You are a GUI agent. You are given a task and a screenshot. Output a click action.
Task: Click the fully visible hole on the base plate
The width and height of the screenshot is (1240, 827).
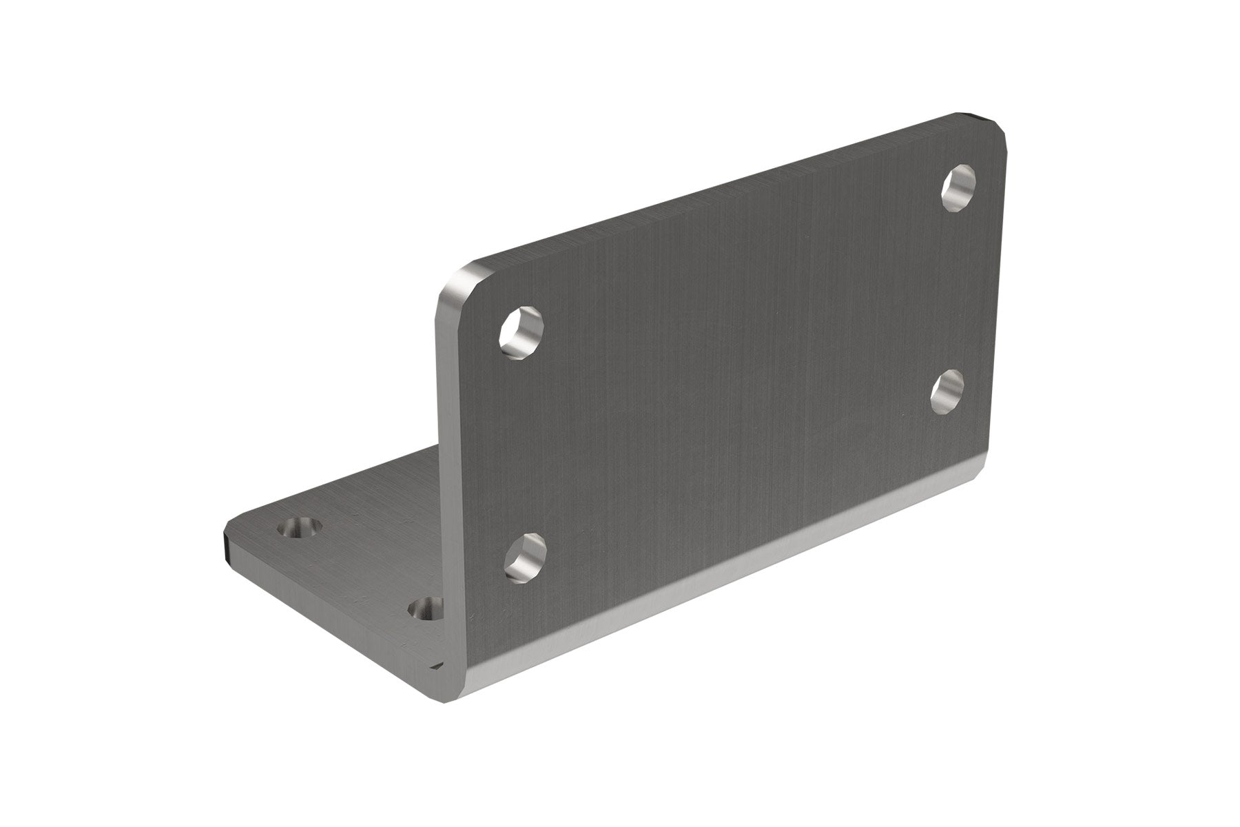click(297, 529)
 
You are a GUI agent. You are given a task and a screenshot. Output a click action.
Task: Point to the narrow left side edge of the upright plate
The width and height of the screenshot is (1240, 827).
click(444, 482)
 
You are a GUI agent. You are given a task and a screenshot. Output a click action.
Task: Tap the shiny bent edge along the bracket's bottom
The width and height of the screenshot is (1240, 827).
click(723, 586)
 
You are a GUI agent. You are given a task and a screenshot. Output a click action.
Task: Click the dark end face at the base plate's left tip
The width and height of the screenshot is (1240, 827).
click(226, 544)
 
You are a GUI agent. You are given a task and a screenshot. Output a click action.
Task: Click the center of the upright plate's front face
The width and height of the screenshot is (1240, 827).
click(723, 386)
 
